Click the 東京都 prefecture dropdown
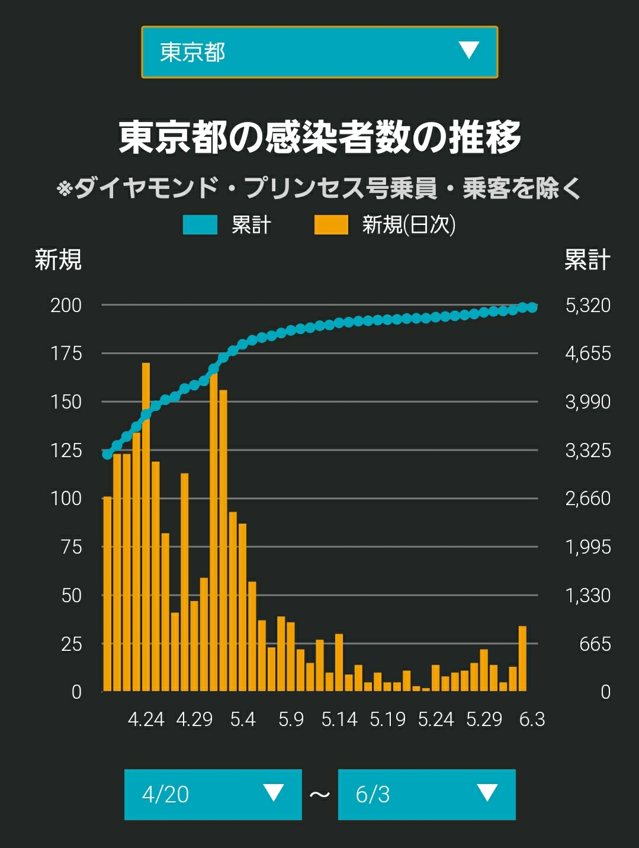coord(320,52)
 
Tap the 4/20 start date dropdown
coord(213,794)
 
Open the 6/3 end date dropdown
coord(426,794)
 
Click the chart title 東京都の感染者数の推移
coord(320,137)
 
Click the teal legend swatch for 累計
coord(200,225)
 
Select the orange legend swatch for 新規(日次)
coord(331,225)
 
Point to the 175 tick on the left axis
coord(66,354)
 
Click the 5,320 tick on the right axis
coord(588,305)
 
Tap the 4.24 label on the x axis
coord(146,719)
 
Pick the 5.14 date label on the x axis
coord(339,719)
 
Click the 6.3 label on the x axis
coord(532,719)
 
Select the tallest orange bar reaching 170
coord(146,527)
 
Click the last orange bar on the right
coord(522,659)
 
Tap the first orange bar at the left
coord(107,594)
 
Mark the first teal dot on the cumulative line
coord(107,454)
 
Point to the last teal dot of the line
coord(532,307)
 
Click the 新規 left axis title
coord(58,259)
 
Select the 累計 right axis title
coord(587,259)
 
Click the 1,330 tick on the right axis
coord(588,595)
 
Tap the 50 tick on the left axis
coord(72,595)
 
